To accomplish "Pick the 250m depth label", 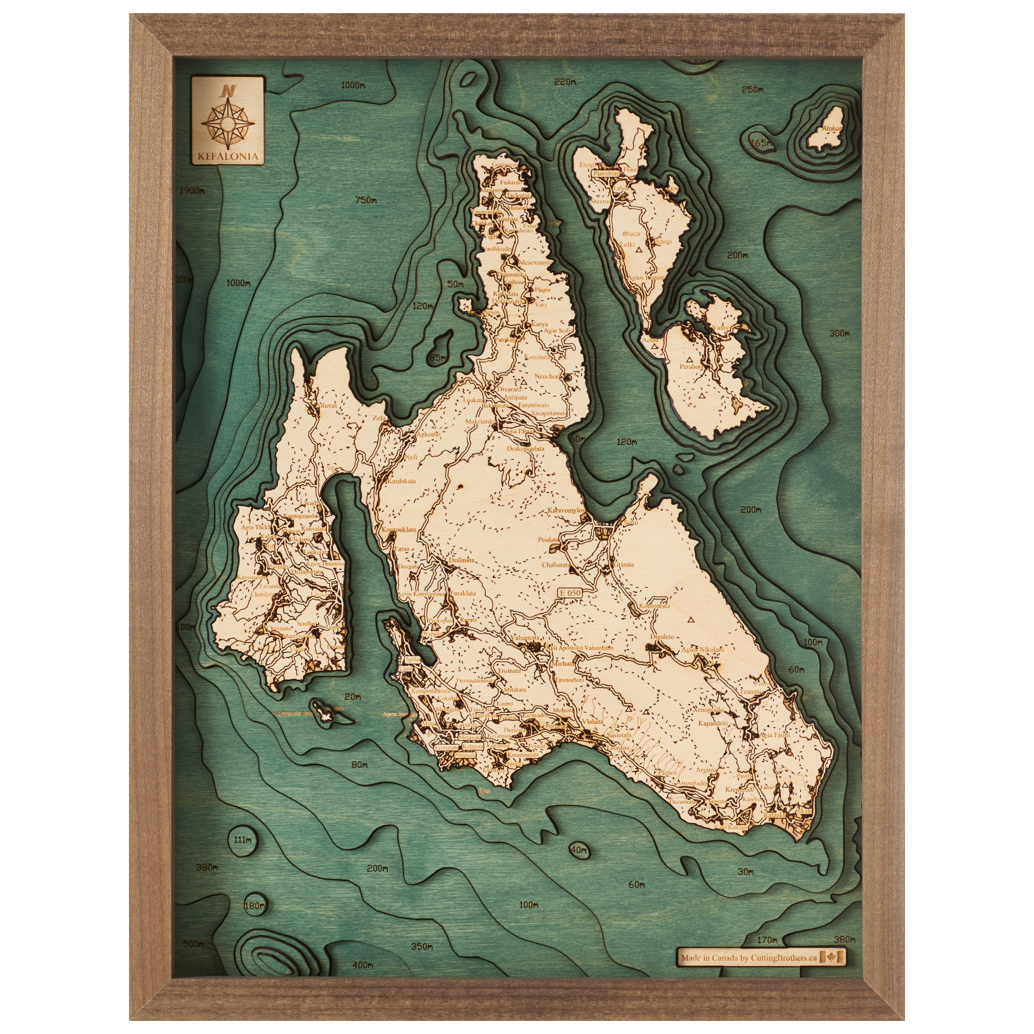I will [x=752, y=89].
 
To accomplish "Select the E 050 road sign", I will [x=569, y=593].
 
